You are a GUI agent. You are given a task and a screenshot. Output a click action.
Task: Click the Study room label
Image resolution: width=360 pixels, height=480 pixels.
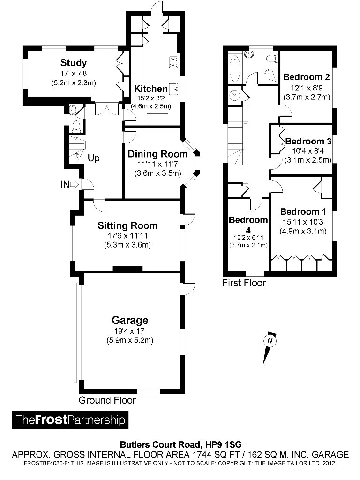tap(74, 63)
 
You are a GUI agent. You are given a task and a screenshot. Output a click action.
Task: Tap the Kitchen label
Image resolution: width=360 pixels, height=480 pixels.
tap(150, 89)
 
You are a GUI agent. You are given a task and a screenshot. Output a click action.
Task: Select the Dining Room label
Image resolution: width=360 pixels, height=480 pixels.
tap(157, 154)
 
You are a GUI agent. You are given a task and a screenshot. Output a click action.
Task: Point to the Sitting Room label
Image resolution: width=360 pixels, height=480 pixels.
tap(127, 225)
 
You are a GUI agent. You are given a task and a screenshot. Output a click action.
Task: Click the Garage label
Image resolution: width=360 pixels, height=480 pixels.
tap(130, 321)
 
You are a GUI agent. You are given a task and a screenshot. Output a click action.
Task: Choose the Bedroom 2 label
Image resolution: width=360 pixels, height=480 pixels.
tap(307, 77)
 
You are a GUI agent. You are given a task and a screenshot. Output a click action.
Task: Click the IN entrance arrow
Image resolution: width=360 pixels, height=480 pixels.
tap(69, 185)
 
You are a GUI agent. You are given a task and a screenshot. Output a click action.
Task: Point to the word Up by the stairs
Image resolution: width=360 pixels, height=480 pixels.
tap(94, 158)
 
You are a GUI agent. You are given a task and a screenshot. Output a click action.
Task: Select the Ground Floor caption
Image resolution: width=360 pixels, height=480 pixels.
tap(107, 400)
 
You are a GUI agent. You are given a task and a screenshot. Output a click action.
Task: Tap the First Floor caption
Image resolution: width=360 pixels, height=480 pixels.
tap(244, 283)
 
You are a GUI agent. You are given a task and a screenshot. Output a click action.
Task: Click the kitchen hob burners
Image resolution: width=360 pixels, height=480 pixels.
tap(173, 62)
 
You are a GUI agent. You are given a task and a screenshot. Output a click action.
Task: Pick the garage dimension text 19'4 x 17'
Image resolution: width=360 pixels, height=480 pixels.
tap(130, 331)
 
